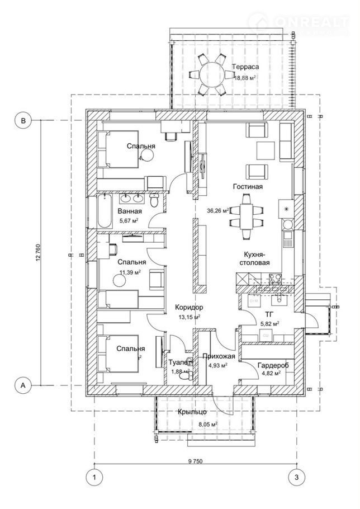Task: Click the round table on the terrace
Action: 209,74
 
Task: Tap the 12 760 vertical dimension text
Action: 38,252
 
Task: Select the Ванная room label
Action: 129,211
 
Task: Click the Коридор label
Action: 189,308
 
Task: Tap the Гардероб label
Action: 273,365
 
